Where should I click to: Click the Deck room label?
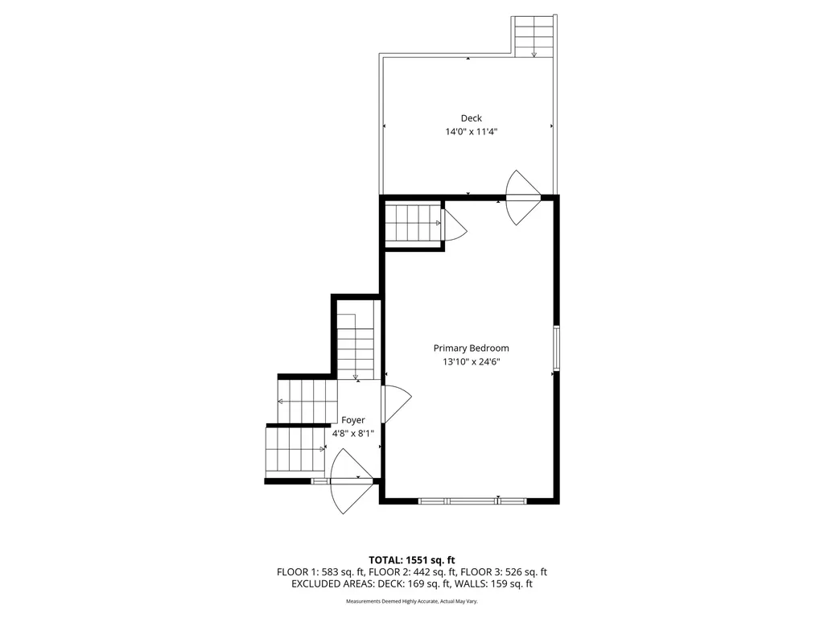pos(471,118)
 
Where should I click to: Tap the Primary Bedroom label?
pos(471,348)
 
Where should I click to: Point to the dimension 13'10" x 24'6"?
pos(471,361)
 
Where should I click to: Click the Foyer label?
pos(353,420)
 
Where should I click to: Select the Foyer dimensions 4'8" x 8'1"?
pos(353,433)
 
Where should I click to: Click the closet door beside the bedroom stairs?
pos(453,225)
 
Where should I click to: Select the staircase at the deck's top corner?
pos(534,36)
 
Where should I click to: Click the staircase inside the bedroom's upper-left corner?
pos(412,223)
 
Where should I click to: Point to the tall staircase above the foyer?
pos(356,346)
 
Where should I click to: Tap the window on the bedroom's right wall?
pos(555,348)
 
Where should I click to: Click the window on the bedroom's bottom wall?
pos(472,501)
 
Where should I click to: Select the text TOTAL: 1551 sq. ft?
pos(412,559)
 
